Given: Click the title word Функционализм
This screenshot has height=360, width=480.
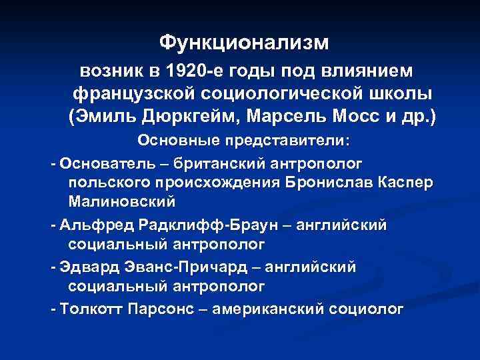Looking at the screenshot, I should click(x=244, y=43).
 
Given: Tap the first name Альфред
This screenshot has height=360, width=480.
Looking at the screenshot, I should click(x=91, y=225).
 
